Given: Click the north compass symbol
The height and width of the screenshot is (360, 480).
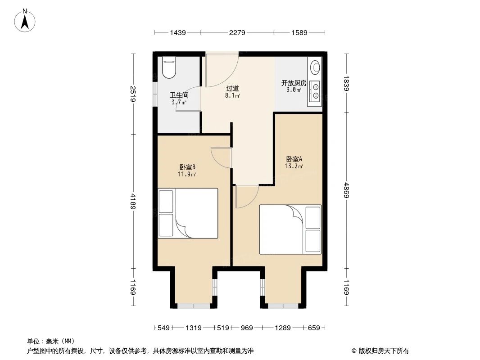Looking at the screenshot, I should coord(25,20).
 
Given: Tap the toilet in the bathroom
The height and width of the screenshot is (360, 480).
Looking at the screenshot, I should coord(168,68).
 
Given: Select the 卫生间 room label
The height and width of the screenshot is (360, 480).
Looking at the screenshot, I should coord(179,95).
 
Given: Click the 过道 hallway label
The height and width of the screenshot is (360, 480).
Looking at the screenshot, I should coord(232,89).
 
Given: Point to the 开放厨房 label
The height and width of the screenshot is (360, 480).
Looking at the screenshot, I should coord(294,83).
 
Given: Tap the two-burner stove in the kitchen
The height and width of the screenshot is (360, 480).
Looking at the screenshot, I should coord(315,91).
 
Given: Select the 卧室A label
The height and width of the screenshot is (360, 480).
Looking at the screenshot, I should coord(294,159).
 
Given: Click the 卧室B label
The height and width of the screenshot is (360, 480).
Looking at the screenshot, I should coord(187,167).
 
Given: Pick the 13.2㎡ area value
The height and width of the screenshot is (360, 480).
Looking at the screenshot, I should coord(294,166).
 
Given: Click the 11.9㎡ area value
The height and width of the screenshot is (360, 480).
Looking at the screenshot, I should coord(187,174).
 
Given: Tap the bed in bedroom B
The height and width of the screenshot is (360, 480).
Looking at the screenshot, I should coord(188,213).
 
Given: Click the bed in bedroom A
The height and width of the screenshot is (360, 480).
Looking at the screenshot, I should coord(290,229).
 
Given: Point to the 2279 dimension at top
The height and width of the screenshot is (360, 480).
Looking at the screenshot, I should coord(237,32).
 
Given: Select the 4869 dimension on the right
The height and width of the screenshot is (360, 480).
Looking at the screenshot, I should coord(346,189).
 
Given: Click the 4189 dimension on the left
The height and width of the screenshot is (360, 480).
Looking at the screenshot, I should coord(133,201).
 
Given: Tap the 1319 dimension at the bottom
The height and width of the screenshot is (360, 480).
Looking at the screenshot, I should coord(194,328).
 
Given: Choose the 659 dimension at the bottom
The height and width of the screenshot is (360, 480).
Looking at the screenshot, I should coord(313,328).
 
